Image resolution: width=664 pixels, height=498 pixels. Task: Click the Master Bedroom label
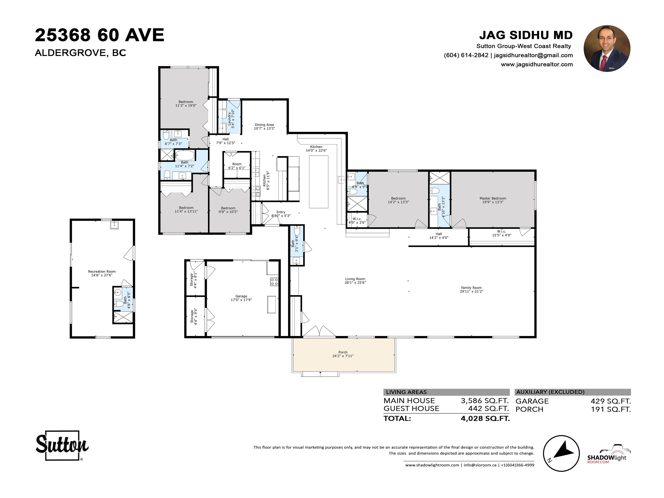(493, 198)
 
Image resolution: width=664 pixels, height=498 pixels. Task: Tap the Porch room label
(343, 352)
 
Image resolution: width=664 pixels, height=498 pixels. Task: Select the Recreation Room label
(102, 271)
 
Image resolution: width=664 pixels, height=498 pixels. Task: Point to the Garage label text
(241, 296)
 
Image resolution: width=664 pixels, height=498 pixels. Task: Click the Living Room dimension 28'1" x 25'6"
(355, 283)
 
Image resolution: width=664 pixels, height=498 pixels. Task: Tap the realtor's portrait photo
(607, 48)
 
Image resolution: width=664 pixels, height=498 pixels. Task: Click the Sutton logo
(62, 445)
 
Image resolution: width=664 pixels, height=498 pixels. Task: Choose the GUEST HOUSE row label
(411, 409)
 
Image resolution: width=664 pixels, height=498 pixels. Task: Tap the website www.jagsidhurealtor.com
(537, 64)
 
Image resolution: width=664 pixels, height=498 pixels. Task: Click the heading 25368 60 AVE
(100, 35)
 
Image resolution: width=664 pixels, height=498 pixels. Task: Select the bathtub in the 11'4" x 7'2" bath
(185, 155)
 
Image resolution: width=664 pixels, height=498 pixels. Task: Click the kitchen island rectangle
(319, 182)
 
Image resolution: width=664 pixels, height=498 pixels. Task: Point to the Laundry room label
(229, 119)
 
